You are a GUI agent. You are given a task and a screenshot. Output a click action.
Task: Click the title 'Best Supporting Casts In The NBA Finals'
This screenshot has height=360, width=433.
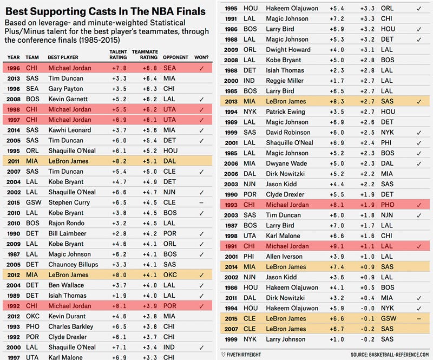click(x=106, y=11)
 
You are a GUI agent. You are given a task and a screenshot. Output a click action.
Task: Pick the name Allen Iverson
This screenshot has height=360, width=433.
click(x=286, y=256)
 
